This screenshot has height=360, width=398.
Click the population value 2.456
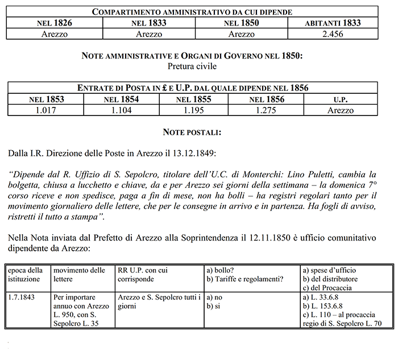332,34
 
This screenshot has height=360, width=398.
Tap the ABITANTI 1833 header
332,23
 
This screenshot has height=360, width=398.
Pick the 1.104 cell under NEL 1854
121,110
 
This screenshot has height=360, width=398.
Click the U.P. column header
340,99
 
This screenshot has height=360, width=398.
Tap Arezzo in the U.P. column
340,110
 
